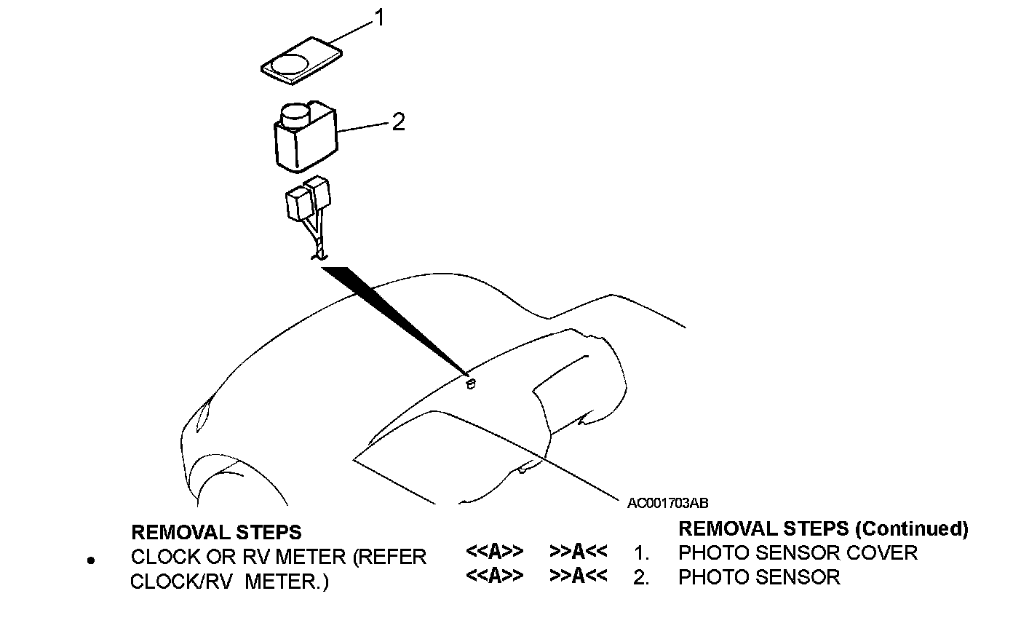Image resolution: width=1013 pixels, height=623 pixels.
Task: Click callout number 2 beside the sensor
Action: tap(397, 122)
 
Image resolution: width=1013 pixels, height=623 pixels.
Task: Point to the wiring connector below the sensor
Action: tap(310, 199)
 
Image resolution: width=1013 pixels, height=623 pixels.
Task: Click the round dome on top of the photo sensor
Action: tap(295, 114)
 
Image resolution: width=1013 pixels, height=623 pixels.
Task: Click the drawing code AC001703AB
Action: tap(668, 503)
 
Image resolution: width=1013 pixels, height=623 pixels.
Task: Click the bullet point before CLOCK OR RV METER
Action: tap(90, 560)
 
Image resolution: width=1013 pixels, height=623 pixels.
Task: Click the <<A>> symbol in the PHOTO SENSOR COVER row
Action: tap(494, 552)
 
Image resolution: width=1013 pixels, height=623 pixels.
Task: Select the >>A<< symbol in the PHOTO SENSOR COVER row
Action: tap(579, 552)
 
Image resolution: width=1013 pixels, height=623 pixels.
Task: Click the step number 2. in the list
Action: tap(640, 578)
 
